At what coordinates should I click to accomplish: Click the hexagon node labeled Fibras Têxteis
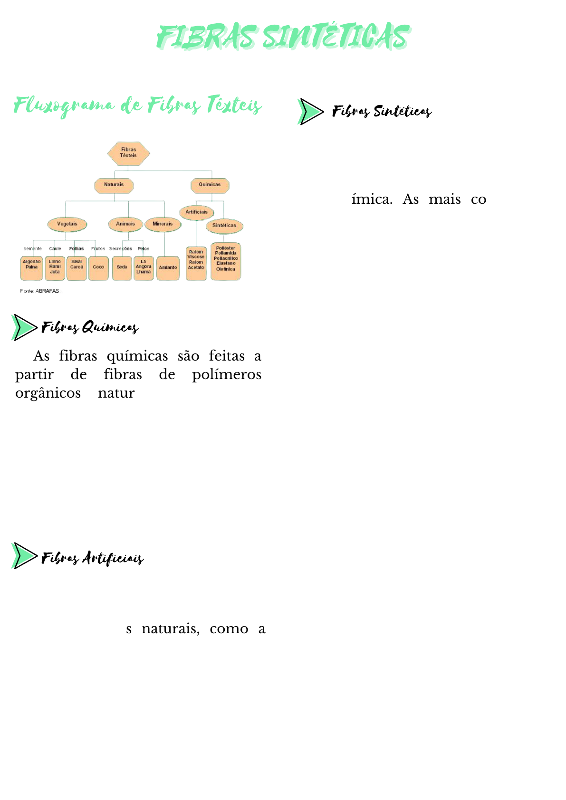tap(128, 153)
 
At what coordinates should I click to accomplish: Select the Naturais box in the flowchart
tap(114, 185)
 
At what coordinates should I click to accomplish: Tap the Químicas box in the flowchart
tap(210, 185)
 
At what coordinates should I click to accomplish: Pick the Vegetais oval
tap(67, 224)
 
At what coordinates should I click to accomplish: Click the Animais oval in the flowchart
tap(125, 224)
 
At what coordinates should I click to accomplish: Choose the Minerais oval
tap(163, 224)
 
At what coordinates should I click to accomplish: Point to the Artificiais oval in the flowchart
tap(196, 212)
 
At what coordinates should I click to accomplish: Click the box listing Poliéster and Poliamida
tap(226, 261)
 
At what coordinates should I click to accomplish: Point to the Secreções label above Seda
tap(120, 248)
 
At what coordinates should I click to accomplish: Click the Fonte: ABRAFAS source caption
tap(39, 291)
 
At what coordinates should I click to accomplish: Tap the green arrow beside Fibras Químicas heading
tap(24, 327)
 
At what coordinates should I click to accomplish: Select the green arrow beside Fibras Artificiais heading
tap(24, 556)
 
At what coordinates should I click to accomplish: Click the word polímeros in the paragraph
tap(227, 375)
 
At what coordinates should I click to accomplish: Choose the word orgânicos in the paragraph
tap(48, 393)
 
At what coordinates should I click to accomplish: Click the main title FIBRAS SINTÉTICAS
tap(283, 37)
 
